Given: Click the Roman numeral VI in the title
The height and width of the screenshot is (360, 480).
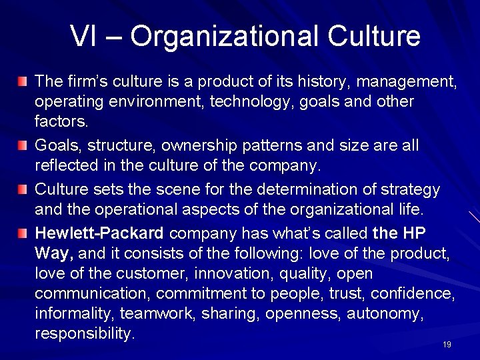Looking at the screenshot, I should [83, 36].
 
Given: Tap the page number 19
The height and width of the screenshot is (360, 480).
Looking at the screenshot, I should [447, 344].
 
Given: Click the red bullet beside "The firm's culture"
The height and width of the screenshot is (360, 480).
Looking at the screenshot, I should [24, 83].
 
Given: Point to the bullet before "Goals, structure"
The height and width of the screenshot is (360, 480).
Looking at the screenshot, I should [24, 145].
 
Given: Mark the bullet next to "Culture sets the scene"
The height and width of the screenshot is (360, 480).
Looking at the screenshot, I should [24, 189].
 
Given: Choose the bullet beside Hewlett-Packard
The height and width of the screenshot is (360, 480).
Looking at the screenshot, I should [24, 233].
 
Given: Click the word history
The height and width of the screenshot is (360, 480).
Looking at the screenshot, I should [318, 83].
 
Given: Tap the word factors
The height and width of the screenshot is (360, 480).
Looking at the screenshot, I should [60, 123].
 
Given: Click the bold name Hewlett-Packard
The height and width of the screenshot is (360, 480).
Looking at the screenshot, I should [99, 233].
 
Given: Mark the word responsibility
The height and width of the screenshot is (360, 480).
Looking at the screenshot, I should [85, 333].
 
